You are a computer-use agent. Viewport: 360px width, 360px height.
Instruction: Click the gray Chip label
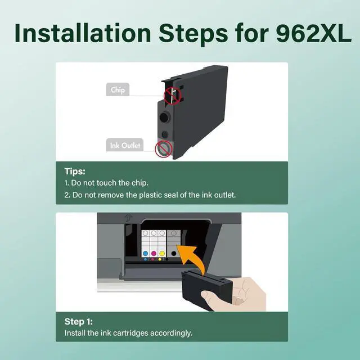[118, 89]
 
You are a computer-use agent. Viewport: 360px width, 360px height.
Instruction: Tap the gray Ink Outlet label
[125, 145]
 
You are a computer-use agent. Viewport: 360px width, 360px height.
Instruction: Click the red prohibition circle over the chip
[173, 96]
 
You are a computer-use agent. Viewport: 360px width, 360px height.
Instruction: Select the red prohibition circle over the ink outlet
[164, 149]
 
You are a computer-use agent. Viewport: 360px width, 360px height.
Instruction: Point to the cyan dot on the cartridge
[145, 254]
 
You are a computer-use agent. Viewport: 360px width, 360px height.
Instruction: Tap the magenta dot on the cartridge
[154, 254]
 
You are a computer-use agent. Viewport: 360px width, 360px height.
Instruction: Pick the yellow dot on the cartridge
[162, 254]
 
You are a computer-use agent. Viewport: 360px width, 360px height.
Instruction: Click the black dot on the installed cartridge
[174, 254]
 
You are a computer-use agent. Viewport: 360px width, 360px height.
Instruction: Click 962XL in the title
[313, 34]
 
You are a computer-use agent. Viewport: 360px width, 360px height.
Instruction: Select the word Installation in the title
[83, 33]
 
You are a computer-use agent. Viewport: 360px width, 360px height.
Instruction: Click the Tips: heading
[75, 171]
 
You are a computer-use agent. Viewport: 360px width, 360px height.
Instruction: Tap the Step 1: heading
[79, 321]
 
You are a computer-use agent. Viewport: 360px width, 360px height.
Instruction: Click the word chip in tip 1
[140, 183]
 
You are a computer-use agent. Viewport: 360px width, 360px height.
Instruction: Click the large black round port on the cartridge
[164, 118]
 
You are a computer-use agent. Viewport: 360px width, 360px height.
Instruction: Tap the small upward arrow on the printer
[128, 217]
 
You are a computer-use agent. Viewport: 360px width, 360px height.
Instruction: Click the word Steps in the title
[193, 34]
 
